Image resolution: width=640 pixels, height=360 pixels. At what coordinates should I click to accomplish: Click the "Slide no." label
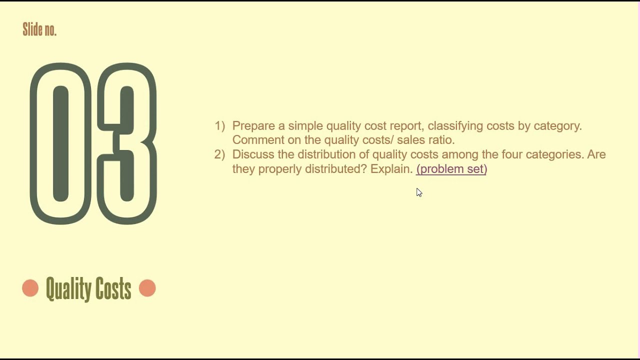pos(39,30)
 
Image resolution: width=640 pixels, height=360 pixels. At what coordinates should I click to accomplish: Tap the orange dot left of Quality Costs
pos(30,288)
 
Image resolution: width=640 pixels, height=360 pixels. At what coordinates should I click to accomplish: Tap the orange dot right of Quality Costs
pos(147,288)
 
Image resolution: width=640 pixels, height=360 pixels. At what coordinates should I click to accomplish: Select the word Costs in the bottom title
pos(115,289)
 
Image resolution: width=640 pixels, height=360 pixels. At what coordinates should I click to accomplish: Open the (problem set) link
pos(451,169)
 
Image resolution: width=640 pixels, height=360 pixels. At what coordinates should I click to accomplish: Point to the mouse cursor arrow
pos(418,192)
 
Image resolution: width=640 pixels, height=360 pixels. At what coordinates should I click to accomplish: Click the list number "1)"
pos(220,126)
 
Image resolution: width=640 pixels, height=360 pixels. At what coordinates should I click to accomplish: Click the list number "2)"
pos(220,154)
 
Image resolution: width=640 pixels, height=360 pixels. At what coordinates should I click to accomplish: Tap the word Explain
pos(391,169)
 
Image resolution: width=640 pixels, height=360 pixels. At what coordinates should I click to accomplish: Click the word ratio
pos(441,140)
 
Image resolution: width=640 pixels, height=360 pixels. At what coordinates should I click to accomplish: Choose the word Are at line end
pos(596,154)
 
